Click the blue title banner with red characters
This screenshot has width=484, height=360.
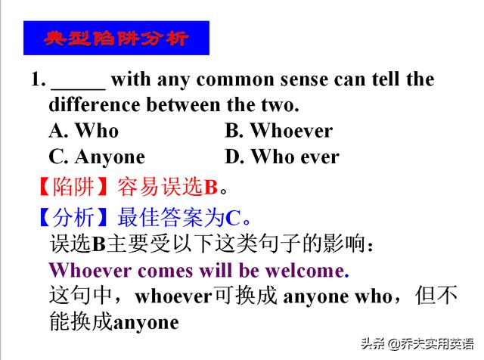pos(116,38)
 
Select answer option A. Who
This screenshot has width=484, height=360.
pos(84,131)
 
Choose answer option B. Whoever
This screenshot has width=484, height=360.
pos(279,131)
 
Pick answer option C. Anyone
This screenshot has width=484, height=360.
pos(97,157)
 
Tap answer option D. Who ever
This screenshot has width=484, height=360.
pos(282,157)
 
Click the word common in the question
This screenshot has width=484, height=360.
pos(235,79)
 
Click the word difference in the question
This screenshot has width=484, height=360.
pos(95,104)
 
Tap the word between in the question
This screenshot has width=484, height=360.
pos(184,104)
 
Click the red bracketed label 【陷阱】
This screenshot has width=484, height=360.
pos(73,186)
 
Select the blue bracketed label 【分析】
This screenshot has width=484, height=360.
pos(73,217)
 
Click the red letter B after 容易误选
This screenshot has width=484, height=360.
pos(211,187)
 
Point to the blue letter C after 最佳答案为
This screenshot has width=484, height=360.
pos(233,219)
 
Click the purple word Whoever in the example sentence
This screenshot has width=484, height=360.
pos(91,271)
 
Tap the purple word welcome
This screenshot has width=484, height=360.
pos(305,271)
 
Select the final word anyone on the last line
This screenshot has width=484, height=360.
pos(146,323)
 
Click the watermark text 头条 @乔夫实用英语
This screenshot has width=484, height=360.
pos(417,343)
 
